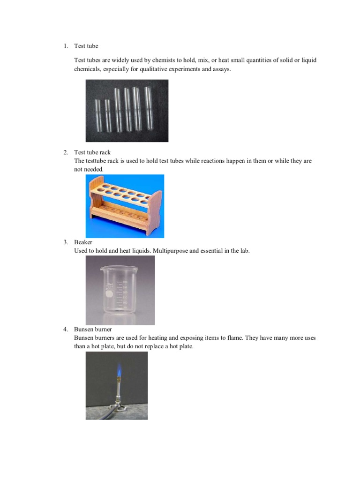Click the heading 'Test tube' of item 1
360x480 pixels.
click(86, 46)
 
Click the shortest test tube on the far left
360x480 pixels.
click(97, 115)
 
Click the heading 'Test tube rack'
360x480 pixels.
click(92, 152)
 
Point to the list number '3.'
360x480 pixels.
click(66, 242)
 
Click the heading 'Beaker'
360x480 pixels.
click(83, 242)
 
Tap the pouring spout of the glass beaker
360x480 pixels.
click(101, 270)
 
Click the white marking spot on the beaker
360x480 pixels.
click(109, 294)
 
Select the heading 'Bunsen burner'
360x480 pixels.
click(93, 330)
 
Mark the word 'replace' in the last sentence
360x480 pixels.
click(150, 346)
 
